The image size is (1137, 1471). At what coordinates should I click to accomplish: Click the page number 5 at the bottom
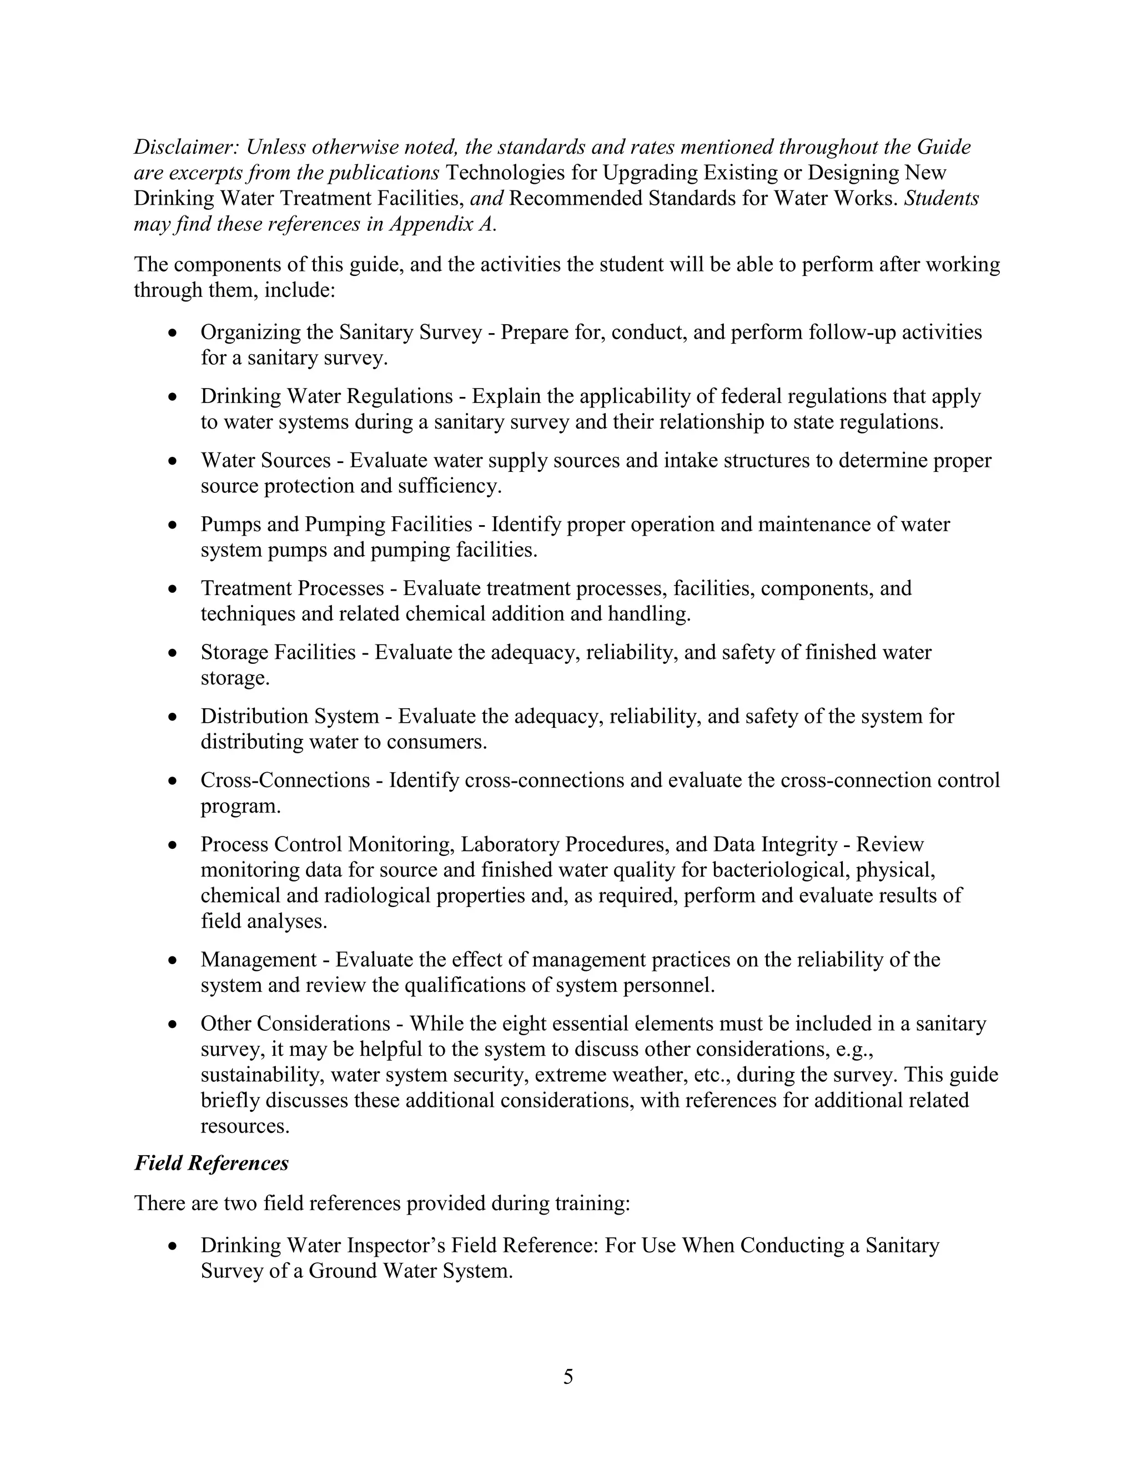[568, 1377]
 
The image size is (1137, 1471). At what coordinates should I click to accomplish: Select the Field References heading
[212, 1162]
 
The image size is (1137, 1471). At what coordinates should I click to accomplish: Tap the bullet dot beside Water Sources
[174, 461]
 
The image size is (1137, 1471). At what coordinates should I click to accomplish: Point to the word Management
[259, 959]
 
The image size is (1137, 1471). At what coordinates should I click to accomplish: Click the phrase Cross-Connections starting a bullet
[285, 780]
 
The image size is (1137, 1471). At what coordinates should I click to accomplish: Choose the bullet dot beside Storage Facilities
[174, 653]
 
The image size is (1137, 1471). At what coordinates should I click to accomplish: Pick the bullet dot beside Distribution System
[174, 717]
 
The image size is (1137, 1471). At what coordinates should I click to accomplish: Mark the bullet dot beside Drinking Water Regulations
[174, 397]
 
